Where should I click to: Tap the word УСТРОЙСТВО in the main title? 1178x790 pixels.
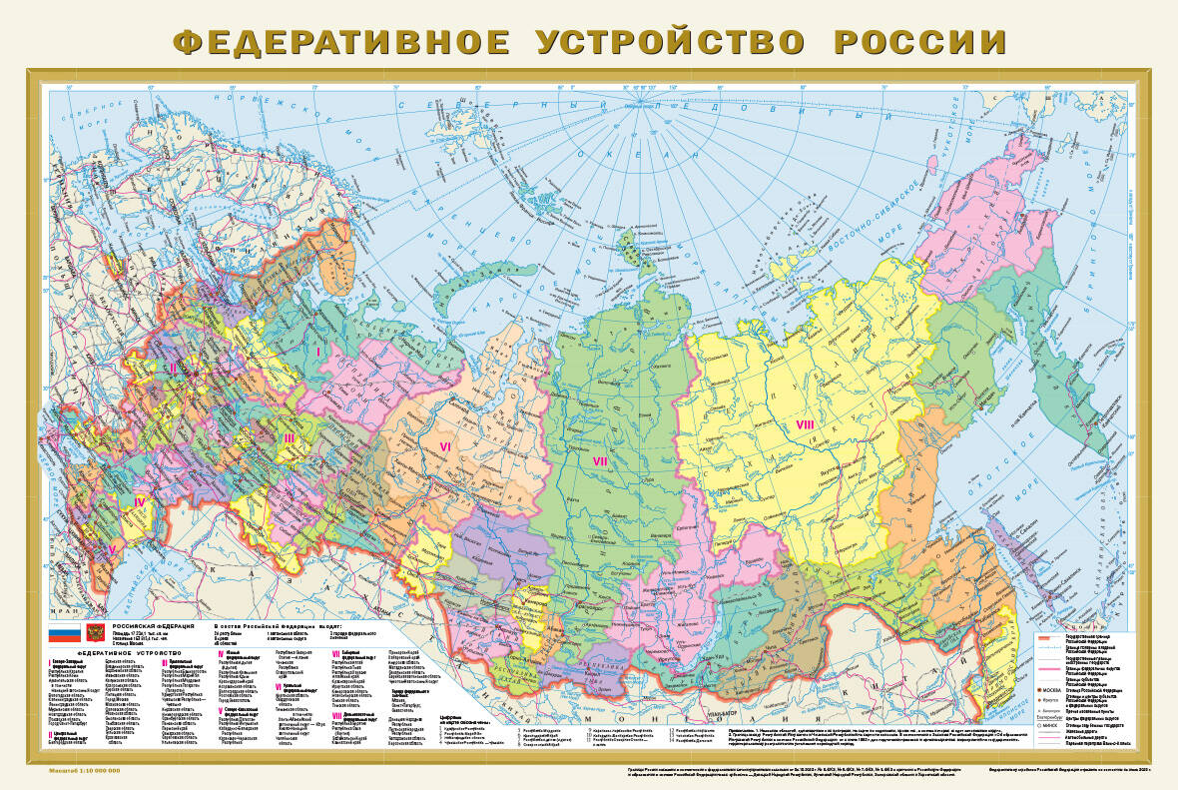coord(671,42)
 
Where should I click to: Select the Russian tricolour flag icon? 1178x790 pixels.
coord(65,632)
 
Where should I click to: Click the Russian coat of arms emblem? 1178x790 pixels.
coord(95,632)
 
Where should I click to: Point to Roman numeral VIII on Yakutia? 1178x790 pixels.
coord(806,425)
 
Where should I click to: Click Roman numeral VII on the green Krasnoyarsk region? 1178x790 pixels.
coord(600,460)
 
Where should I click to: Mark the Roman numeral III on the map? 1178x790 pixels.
coord(289,437)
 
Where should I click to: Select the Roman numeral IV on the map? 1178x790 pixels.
coord(140,501)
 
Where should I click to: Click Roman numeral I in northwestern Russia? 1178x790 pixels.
coord(318,351)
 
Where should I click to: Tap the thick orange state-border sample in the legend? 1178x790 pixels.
coord(1047,637)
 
